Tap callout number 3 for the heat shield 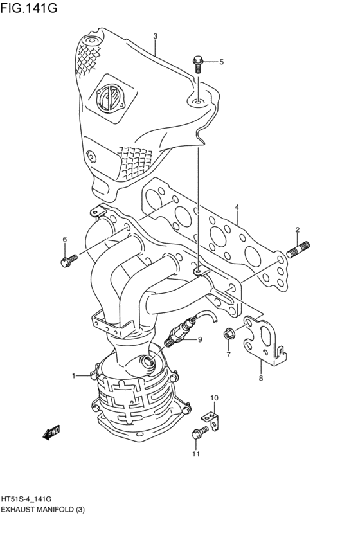tap(155, 36)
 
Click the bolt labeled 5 tap(197, 63)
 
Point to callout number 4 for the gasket tap(237, 207)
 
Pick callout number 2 tap(298, 229)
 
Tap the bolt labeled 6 tap(67, 259)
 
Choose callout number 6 tap(64, 240)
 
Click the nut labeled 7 tap(228, 334)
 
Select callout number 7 tap(228, 354)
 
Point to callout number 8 tap(260, 378)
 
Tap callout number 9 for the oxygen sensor tap(199, 339)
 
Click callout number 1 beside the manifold tap(73, 375)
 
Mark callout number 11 tap(195, 454)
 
